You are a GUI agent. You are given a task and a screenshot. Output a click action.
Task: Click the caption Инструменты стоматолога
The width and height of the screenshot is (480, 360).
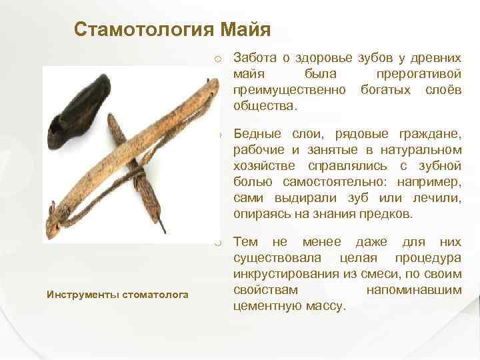(117, 294)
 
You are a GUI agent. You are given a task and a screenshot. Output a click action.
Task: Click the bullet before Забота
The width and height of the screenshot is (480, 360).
(217, 59)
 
